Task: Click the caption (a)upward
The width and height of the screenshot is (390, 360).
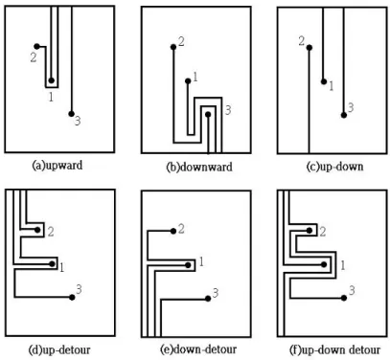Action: point(57,166)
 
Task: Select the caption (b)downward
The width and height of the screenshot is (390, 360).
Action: point(199,167)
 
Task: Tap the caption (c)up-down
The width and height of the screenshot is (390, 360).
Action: point(334,167)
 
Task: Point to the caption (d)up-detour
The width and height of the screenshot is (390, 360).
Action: point(59,349)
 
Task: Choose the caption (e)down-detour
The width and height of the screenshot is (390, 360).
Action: point(198,349)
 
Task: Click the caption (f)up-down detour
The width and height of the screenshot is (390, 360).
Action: point(334,349)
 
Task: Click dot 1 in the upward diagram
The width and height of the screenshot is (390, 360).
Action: point(52,80)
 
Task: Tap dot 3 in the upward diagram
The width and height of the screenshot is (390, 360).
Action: point(72,114)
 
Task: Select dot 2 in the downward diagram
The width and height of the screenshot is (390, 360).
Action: point(173,47)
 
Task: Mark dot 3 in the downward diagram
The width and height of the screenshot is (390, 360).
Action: point(208,114)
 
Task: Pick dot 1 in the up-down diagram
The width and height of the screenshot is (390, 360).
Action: point(324,81)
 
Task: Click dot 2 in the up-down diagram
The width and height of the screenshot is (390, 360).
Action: point(310,48)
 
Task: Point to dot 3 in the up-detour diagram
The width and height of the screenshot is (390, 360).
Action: point(72,298)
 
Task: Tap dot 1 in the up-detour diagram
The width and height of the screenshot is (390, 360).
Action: point(52,264)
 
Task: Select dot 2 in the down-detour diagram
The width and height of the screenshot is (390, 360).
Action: point(173,231)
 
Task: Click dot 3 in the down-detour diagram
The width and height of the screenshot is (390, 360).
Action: point(208,299)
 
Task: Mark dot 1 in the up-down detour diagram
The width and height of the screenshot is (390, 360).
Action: point(324,264)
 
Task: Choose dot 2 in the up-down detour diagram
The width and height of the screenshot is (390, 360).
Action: point(310,231)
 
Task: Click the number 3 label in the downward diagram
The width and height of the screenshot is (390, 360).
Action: point(228,110)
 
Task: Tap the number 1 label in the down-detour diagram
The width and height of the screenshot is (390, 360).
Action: point(201,262)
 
